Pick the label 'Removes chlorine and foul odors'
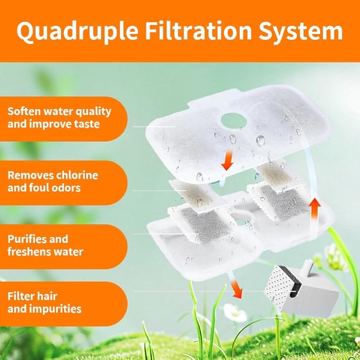(x=53, y=182)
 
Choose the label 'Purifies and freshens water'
(x=45, y=245)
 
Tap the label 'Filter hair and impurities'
(x=45, y=302)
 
